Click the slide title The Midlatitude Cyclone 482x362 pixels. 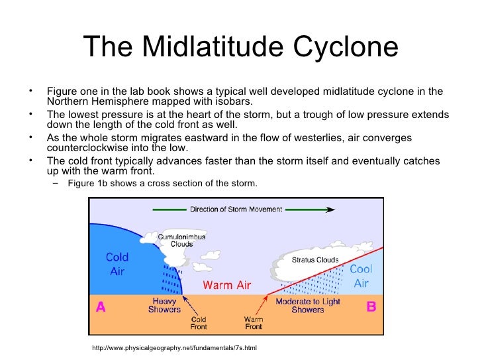(x=241, y=47)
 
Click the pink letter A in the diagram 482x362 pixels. (x=101, y=308)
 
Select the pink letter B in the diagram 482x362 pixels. (x=371, y=308)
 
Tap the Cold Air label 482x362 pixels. (x=117, y=264)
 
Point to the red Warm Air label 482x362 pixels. (x=226, y=285)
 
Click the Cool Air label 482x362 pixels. (x=361, y=276)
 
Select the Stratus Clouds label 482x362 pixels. (x=315, y=260)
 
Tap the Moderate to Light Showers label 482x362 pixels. (x=308, y=306)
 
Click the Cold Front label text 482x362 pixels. (x=199, y=322)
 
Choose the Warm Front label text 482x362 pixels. (x=253, y=322)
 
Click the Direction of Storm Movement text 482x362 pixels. (x=236, y=210)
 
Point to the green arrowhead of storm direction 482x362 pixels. (x=329, y=210)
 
